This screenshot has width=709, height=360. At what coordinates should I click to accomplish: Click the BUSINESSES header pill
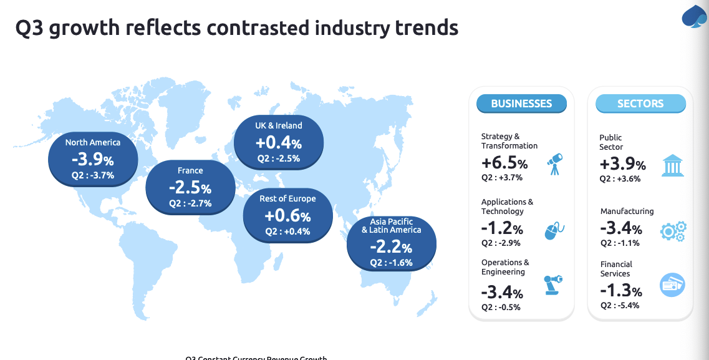521,104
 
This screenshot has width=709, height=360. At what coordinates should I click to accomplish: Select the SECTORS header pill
640,104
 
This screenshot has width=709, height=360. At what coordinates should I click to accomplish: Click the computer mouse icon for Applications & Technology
554,230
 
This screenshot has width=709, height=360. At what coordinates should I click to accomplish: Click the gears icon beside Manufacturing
673,231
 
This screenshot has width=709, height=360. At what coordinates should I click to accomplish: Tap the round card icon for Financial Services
672,285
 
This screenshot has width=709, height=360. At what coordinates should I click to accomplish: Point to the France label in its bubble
190,170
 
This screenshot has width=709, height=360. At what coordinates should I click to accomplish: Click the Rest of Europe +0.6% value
287,216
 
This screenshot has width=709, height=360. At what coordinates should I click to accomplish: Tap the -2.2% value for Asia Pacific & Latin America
390,247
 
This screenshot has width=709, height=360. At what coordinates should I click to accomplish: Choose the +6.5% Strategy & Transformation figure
504,163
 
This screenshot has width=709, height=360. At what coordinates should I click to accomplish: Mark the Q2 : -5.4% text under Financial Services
620,305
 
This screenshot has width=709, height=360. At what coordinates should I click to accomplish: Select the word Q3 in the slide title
30,27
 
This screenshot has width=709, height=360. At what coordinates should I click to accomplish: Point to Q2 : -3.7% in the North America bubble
93,175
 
